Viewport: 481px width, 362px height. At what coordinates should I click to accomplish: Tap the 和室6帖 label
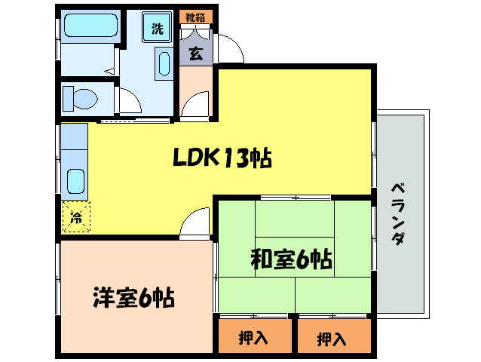291,260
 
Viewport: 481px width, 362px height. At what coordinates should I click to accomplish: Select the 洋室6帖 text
134,298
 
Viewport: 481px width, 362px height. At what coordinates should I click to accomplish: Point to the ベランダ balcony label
400,214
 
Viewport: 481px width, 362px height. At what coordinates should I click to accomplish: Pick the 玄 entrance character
195,54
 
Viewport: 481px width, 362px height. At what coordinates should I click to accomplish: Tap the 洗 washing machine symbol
158,29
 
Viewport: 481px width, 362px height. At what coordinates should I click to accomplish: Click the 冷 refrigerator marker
76,218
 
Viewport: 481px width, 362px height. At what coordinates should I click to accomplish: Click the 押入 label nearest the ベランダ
332,339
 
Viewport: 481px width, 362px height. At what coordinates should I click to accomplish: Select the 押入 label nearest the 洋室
254,339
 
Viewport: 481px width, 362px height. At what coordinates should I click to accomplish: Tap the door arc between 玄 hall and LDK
196,103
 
